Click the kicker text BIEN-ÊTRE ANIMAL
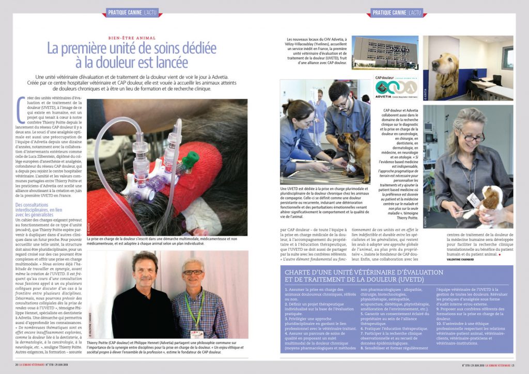131,38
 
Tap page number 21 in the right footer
511,364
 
